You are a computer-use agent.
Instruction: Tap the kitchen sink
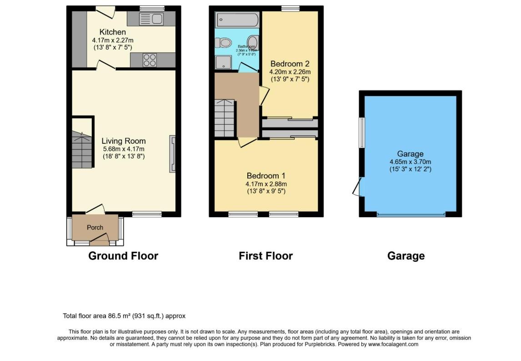pos(151,19)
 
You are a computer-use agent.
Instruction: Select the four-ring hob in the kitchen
pos(150,60)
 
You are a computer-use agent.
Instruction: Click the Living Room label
pos(123,141)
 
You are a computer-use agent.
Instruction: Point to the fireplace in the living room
pos(172,154)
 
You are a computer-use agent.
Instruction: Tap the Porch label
pos(95,227)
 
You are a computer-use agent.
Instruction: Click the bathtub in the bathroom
pos(237,20)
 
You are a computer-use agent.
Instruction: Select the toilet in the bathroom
pos(225,43)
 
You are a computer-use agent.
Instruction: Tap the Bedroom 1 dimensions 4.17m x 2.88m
pos(266,184)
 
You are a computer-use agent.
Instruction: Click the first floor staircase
pos(225,118)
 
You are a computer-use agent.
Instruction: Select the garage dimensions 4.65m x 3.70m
pos(410,162)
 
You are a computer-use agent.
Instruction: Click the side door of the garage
pos(357,187)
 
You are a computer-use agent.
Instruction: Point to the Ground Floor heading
pos(123,256)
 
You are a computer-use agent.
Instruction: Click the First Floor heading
pos(266,256)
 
